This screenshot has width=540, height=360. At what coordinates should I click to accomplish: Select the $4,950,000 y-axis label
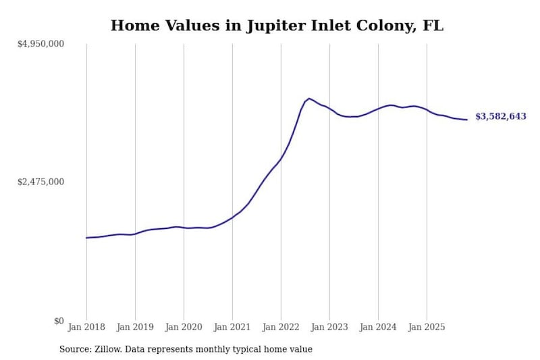(40, 44)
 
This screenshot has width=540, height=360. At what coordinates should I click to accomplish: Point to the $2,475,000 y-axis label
(40, 182)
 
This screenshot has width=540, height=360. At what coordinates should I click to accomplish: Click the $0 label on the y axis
(59, 321)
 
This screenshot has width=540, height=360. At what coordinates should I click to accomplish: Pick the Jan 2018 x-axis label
(86, 327)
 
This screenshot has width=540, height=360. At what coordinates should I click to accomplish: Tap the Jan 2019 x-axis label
(135, 327)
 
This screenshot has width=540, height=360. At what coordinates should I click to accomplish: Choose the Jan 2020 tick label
(184, 327)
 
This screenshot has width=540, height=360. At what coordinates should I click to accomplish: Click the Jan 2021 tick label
(232, 327)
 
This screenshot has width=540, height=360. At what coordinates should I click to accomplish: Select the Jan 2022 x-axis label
(281, 327)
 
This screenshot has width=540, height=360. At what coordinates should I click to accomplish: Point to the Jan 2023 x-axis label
(329, 327)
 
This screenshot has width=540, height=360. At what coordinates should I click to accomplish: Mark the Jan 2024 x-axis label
(378, 327)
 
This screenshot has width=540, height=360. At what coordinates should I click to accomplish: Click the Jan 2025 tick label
(427, 327)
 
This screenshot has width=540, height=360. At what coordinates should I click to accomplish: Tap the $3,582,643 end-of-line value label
(501, 116)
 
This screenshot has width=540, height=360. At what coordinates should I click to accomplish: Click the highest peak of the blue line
(309, 99)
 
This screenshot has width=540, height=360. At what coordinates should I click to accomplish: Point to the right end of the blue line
(467, 120)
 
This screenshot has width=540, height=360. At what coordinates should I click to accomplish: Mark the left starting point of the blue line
(86, 238)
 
